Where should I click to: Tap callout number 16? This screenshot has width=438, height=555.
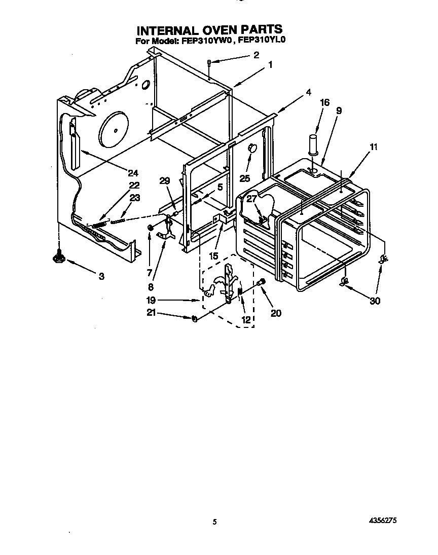pos(324,102)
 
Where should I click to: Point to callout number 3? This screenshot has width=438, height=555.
pos(101,276)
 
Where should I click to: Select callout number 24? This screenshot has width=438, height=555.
pos(133,173)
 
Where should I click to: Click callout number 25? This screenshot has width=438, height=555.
pos(245,178)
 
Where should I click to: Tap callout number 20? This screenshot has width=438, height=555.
pos(276,313)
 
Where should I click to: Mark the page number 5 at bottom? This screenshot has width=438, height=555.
pos(215,522)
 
